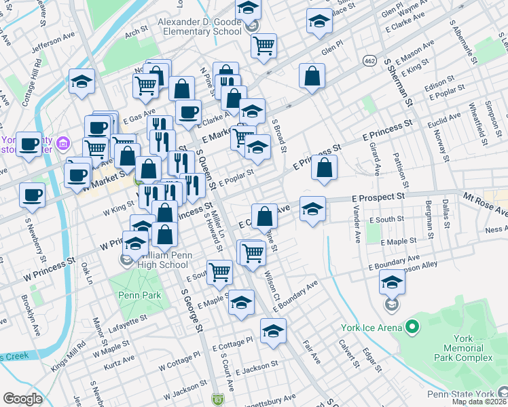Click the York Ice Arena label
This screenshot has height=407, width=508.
(371, 329)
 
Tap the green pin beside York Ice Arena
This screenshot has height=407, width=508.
(412, 328)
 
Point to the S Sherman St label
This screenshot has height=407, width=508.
(398, 81)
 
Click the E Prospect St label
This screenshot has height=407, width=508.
(378, 196)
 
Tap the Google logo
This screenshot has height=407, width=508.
(22, 398)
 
